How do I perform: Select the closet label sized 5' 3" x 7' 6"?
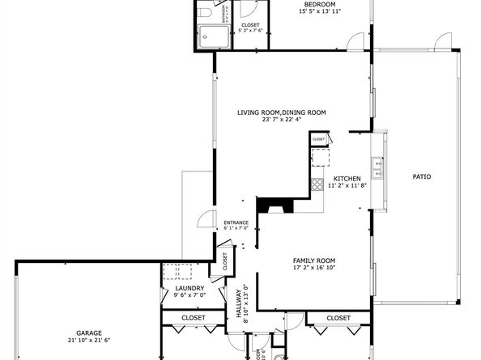pyautogui.click(x=251, y=29)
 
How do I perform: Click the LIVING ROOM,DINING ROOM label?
pyautogui.click(x=282, y=112)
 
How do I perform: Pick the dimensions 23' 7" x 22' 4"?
pyautogui.click(x=282, y=120)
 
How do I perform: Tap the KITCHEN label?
pyautogui.click(x=347, y=178)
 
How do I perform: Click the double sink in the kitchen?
pyautogui.click(x=377, y=167)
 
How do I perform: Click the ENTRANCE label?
pyautogui.click(x=236, y=222)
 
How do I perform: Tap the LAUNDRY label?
pyautogui.click(x=189, y=288)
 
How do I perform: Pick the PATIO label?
pyautogui.click(x=421, y=176)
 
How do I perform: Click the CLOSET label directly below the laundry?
pyautogui.click(x=193, y=318)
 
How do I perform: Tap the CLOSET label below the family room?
pyautogui.click(x=338, y=318)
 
